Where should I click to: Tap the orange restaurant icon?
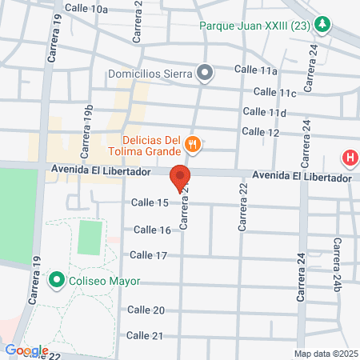click(x=192, y=145)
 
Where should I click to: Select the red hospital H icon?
click(x=350, y=158)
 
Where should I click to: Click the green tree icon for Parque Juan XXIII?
click(x=322, y=24)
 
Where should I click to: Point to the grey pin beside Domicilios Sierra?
click(x=205, y=74)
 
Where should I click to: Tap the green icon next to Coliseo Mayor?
click(x=56, y=281)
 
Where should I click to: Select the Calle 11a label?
click(x=257, y=70)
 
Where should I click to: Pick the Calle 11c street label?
click(x=277, y=94)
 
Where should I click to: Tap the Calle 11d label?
click(x=264, y=112)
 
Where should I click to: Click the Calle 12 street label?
click(x=260, y=131)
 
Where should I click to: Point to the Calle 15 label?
click(x=151, y=202)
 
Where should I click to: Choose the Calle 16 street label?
click(x=152, y=230)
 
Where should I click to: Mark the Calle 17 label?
click(x=148, y=255)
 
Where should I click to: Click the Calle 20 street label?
click(x=146, y=310)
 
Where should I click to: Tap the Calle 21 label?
click(x=145, y=335)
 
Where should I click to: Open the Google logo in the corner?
click(x=26, y=350)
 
